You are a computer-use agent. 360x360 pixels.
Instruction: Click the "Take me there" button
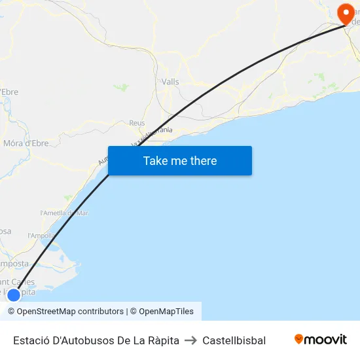(180, 161)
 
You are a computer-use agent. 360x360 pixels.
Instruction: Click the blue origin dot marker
(13, 295)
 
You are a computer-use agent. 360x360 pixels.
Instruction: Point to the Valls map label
(170, 82)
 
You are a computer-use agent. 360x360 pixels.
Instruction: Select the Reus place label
(137, 122)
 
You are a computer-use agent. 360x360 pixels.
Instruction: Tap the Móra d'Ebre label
(26, 143)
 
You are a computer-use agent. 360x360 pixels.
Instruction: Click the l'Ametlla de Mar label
(64, 213)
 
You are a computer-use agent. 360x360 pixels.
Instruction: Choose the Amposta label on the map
(16, 264)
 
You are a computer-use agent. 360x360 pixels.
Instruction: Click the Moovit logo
(321, 340)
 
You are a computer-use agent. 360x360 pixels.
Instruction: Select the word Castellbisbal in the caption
(234, 340)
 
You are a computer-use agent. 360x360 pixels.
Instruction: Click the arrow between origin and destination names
(190, 340)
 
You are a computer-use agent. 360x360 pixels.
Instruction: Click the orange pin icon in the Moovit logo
(299, 339)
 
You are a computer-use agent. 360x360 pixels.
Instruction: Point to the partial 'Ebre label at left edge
(9, 92)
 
